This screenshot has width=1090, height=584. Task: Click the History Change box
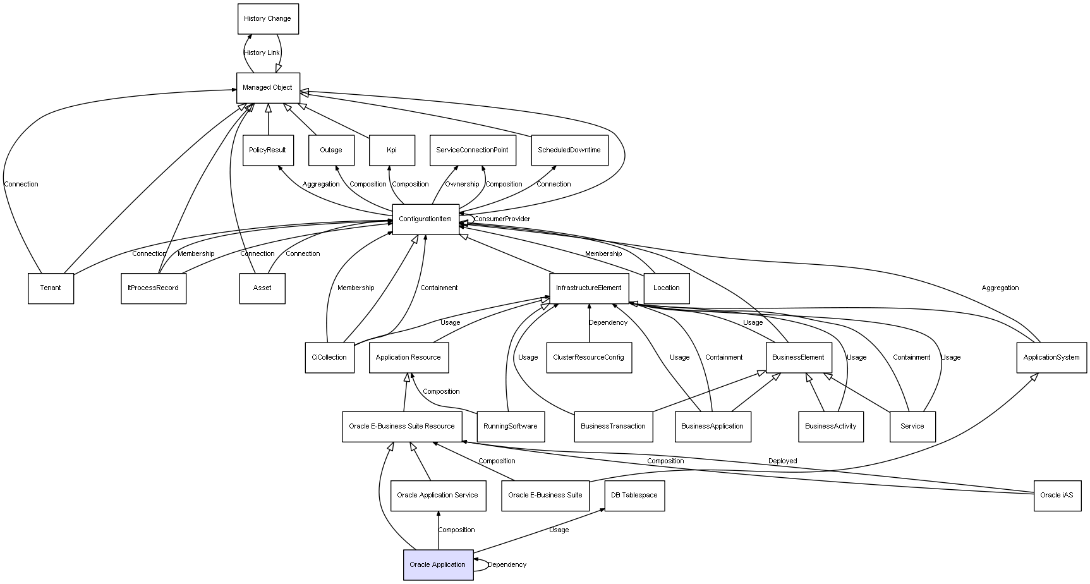click(x=268, y=19)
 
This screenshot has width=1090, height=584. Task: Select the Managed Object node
click(x=268, y=88)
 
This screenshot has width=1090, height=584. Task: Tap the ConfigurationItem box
click(x=426, y=219)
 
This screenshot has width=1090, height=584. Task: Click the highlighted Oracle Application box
click(x=438, y=565)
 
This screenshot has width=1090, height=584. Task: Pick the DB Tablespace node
click(x=634, y=496)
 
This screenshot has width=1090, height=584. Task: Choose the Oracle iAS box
click(x=1057, y=496)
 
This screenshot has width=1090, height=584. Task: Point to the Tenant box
click(x=51, y=288)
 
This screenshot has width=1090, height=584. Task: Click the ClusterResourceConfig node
click(x=589, y=358)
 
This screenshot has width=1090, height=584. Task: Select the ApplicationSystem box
click(x=1051, y=358)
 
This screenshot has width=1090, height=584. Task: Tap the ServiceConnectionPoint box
click(x=473, y=150)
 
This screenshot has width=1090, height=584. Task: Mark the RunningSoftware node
click(x=511, y=427)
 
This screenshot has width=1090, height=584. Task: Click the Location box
click(x=667, y=288)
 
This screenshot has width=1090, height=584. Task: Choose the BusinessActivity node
click(x=831, y=427)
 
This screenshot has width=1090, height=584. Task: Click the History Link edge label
click(x=262, y=53)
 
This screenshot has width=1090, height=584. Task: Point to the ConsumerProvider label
click(x=502, y=219)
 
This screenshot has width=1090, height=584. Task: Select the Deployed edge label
click(x=783, y=461)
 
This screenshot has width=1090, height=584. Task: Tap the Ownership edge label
click(x=462, y=185)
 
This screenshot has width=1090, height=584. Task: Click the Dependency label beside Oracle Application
click(x=507, y=565)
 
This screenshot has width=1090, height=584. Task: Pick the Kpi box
click(x=392, y=150)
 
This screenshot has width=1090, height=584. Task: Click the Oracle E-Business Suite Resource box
click(x=402, y=427)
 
